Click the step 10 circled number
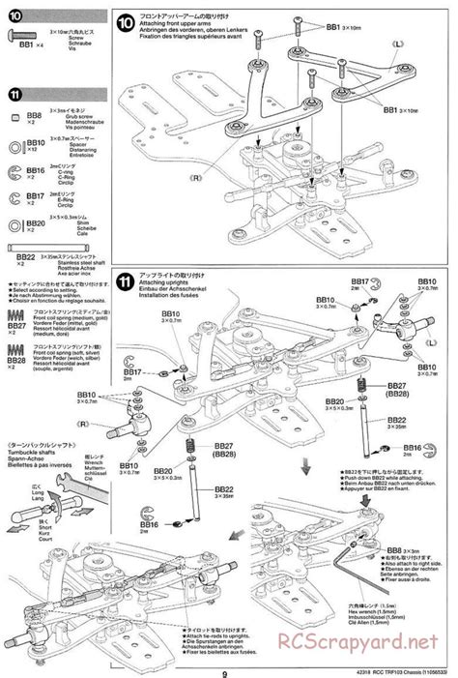(x=126, y=24)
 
